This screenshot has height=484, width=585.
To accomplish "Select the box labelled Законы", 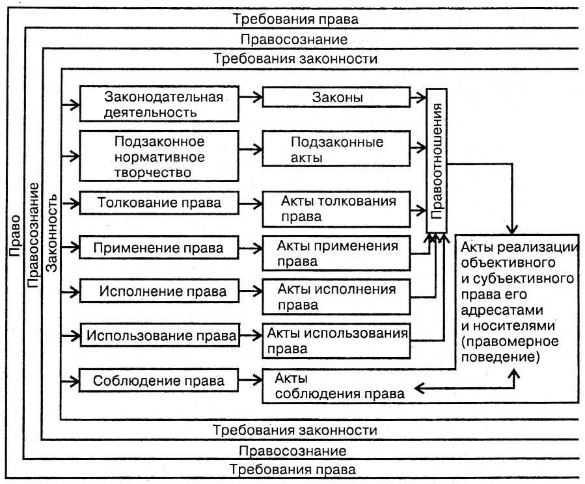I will point(336,98).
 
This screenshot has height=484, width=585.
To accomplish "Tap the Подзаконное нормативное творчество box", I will point(157,156).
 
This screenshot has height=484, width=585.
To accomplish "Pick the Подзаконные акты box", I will point(336,150).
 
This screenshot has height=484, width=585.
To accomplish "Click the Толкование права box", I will point(157,202).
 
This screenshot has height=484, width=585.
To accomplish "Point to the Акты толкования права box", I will point(337,207).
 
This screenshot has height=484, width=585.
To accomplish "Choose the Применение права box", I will point(157,248).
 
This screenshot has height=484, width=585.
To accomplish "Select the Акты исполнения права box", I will point(337,295).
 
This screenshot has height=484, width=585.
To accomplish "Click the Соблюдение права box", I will point(157,380).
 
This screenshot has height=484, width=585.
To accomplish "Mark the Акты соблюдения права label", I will point(338,386).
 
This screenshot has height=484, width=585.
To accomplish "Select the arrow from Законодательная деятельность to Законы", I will point(249,97).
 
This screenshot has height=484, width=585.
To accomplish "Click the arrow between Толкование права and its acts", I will point(249,202).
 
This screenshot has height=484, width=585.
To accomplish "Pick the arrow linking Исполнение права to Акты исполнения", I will point(249,290).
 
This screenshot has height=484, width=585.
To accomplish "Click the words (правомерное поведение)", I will point(500,349).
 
